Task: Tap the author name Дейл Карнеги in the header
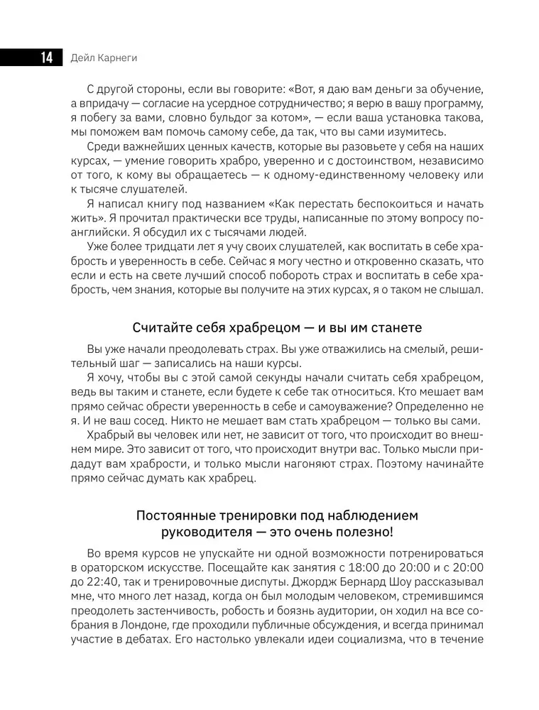point(105,58)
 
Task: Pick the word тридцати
point(178,246)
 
